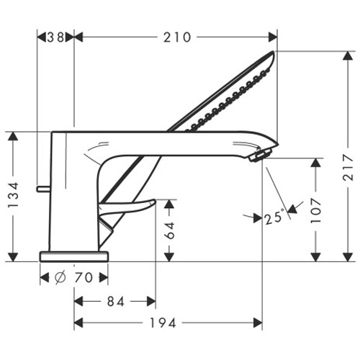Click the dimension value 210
177,37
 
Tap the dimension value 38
55,37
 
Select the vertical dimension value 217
348,167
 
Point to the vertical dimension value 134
13,195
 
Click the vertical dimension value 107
315,210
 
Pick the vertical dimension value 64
169,230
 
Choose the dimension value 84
116,302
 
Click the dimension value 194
163,323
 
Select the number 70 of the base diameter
84,278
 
